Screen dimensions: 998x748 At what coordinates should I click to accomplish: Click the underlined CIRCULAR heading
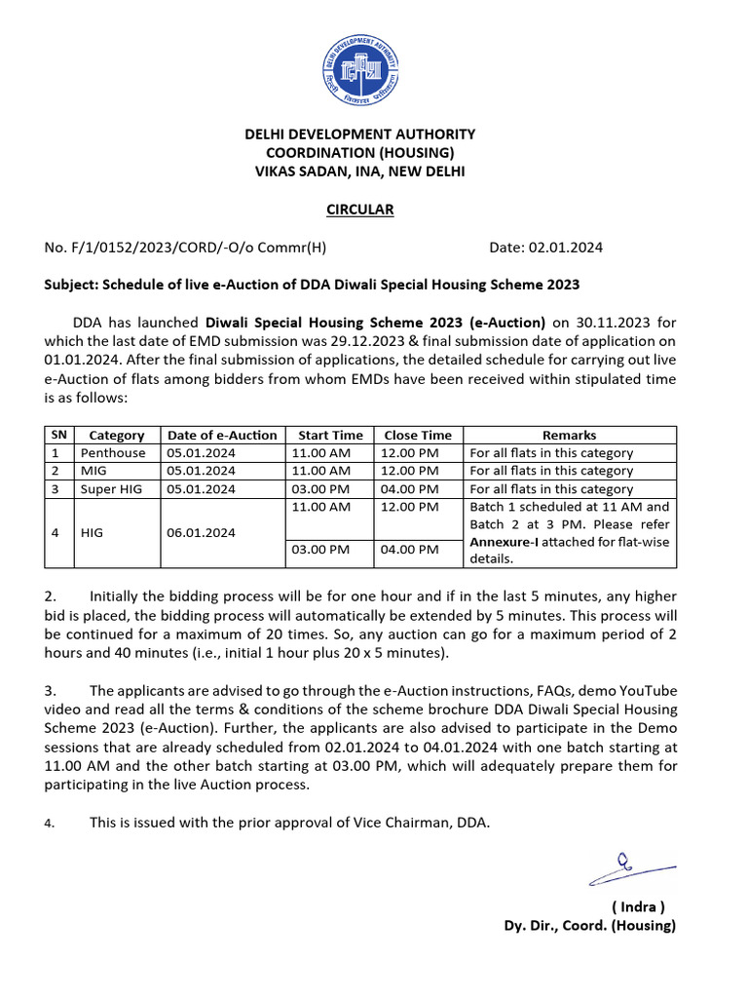pyautogui.click(x=359, y=210)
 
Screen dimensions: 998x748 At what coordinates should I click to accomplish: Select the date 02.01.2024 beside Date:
pyautogui.click(x=565, y=248)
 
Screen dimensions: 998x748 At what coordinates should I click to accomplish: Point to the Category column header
pyautogui.click(x=116, y=436)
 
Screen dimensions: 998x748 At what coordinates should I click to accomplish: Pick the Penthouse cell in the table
pyautogui.click(x=113, y=453)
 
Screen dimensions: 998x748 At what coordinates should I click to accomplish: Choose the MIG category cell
pyautogui.click(x=97, y=471)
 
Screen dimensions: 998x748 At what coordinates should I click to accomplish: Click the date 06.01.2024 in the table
pyautogui.click(x=202, y=533)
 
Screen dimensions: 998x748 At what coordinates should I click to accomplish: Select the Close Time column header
pyautogui.click(x=418, y=436)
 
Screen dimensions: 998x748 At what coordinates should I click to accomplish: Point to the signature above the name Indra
pyautogui.click(x=629, y=864)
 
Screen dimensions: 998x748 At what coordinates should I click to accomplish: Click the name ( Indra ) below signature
pyautogui.click(x=638, y=905)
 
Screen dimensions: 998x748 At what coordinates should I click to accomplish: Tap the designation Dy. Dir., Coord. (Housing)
pyautogui.click(x=588, y=925)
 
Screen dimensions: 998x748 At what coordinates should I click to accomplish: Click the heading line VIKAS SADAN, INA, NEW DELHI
pyautogui.click(x=359, y=172)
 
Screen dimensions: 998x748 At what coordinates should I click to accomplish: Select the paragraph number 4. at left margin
pyautogui.click(x=50, y=824)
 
